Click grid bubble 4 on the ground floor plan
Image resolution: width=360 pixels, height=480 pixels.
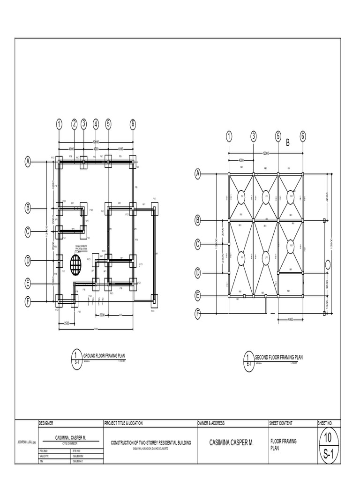(x=96, y=124)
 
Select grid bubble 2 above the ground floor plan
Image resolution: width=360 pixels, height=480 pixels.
(x=74, y=124)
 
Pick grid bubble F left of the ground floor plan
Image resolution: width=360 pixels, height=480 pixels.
(x=28, y=301)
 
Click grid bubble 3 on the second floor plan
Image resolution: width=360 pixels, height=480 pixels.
(x=254, y=136)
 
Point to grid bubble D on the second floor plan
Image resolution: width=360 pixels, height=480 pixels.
(x=198, y=272)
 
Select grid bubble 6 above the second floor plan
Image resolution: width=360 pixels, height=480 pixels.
(x=302, y=136)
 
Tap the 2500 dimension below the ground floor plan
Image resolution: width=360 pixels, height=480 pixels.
(x=67, y=323)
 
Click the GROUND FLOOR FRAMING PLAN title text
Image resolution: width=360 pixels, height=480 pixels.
(x=105, y=356)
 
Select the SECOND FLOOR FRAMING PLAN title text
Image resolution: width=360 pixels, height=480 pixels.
(x=278, y=357)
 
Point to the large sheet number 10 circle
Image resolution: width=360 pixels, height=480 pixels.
(x=328, y=438)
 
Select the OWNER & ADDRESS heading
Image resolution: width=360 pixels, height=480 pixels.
(x=211, y=423)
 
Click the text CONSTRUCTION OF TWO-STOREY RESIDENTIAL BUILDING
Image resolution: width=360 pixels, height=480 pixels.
(x=150, y=442)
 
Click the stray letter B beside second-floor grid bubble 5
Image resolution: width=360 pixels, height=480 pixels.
(x=288, y=143)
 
